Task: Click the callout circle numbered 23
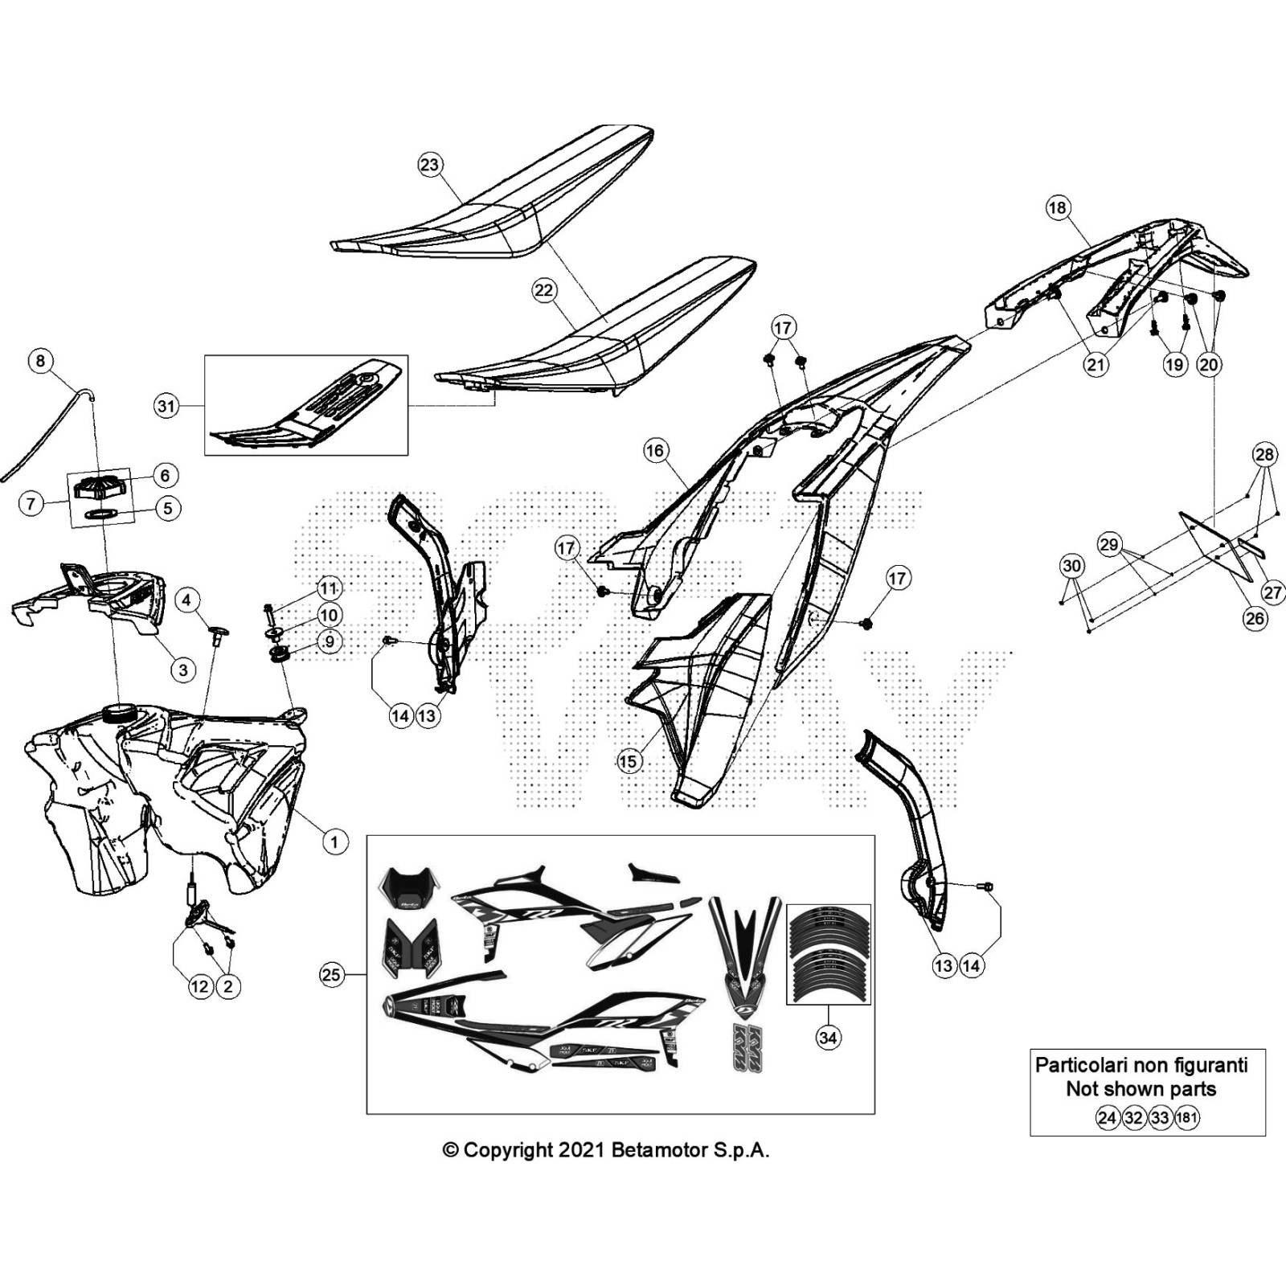[x=430, y=165]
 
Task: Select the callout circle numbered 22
[x=544, y=290]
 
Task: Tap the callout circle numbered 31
[x=166, y=406]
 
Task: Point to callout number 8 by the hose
[x=41, y=360]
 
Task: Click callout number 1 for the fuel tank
[x=334, y=842]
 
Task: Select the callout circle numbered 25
[x=331, y=975]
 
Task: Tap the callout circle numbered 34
[x=828, y=1038]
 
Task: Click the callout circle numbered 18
[x=1057, y=208]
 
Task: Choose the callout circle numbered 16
[x=655, y=450]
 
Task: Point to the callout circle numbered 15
[x=629, y=761]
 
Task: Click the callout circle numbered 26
[x=1255, y=618]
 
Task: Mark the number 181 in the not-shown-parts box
[x=1186, y=1117]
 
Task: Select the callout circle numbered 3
[x=183, y=670]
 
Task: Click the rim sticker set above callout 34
[x=828, y=954]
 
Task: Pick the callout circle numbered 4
[x=186, y=600]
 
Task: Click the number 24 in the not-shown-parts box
[x=1108, y=1117]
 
